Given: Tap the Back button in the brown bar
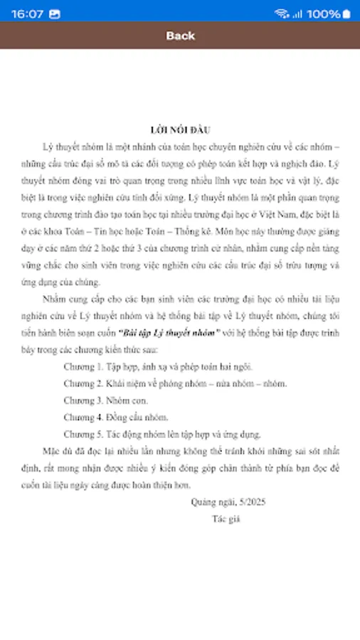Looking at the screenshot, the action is tap(180, 36).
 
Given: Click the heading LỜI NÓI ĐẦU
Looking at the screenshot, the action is tap(180, 129).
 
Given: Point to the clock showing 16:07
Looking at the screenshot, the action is tap(27, 14).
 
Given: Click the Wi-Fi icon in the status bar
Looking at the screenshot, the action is tap(282, 14).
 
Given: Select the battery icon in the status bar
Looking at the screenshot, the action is tap(346, 14).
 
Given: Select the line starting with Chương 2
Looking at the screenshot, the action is tap(175, 383).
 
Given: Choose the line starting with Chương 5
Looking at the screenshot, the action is tap(162, 434).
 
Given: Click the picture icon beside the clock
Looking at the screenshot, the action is tap(55, 14).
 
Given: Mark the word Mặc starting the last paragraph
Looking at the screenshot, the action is tap(53, 451).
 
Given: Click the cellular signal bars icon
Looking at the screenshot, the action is tap(297, 14).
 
